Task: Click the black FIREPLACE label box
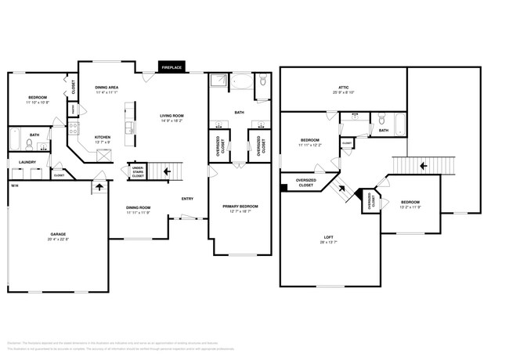click(171, 68)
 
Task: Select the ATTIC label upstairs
click(344, 87)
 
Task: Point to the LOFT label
click(329, 236)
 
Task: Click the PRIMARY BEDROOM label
click(240, 206)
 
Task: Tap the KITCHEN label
click(103, 137)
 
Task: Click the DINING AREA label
click(107, 87)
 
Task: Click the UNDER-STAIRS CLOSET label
click(137, 172)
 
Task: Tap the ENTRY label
click(187, 199)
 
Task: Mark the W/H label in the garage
click(14, 185)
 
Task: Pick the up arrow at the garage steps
click(99, 186)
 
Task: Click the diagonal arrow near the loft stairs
click(341, 188)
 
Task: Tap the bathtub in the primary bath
click(240, 81)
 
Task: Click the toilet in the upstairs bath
click(381, 120)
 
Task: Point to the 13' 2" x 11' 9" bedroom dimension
click(410, 207)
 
